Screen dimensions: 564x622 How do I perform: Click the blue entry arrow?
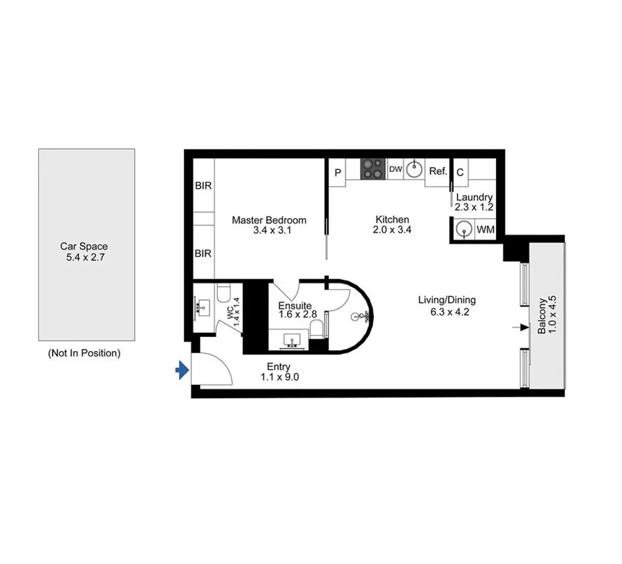coord(182,370)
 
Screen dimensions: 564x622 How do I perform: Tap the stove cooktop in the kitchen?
coord(373,169)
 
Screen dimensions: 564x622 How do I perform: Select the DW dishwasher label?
coord(395,169)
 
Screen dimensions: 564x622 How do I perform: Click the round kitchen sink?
coord(415,169)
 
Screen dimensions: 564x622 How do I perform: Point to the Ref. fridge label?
coord(438,171)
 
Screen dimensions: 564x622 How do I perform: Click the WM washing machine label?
coord(485,229)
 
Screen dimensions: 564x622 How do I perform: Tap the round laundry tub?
coord(463,229)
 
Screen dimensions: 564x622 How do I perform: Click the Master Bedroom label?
coord(269,220)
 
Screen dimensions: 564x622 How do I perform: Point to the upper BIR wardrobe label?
coord(203,186)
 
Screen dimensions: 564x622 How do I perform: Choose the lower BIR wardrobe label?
coord(203,253)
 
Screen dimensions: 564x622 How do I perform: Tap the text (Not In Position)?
coord(84,353)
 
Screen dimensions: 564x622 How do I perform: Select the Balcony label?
coord(542,317)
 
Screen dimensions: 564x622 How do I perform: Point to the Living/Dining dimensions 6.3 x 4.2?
coord(446,311)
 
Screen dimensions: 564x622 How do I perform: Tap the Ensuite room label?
coord(295,305)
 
